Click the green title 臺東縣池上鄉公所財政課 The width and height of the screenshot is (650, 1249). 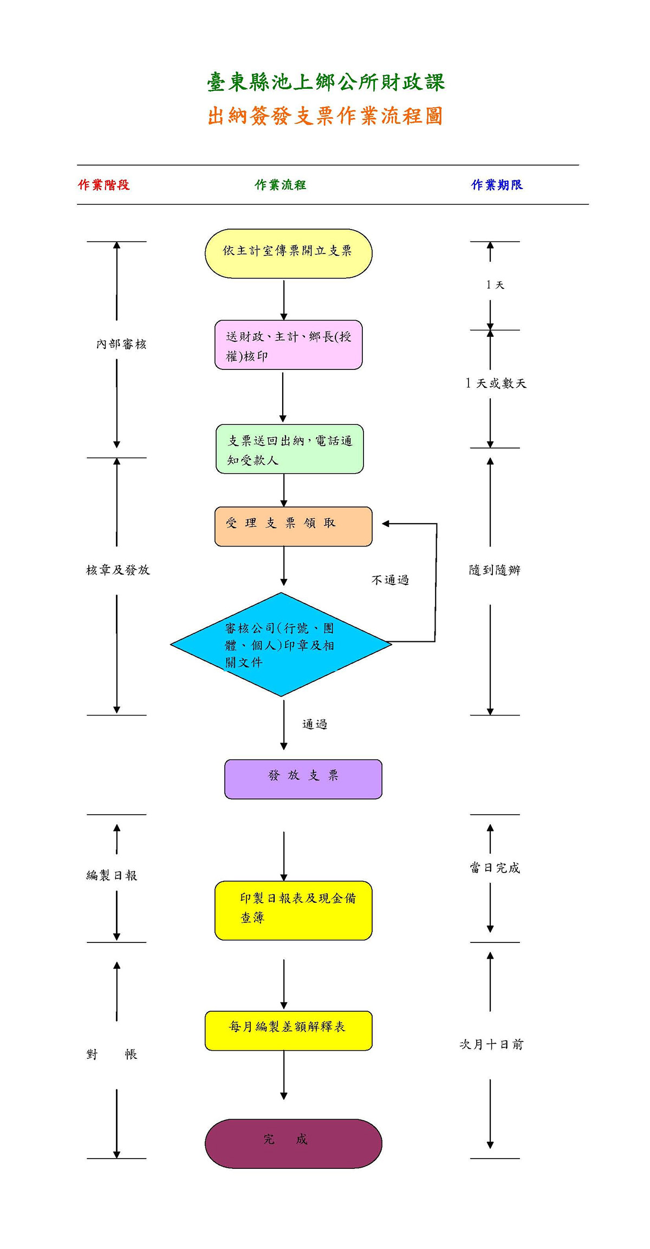[326, 82]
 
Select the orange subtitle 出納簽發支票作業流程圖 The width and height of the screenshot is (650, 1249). [326, 116]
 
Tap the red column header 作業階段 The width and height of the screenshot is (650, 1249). [104, 185]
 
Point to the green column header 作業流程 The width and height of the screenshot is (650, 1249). [281, 185]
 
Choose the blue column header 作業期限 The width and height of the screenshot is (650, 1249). [497, 185]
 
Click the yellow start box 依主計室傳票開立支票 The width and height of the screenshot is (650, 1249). [288, 253]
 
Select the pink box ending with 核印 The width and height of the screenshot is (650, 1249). [288, 345]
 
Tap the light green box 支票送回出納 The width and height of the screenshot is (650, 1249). [289, 449]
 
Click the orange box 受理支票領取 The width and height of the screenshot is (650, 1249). [293, 526]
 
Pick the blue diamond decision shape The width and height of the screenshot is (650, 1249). [281, 645]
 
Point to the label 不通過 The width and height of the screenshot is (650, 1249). [390, 580]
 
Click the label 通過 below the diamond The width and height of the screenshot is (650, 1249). [315, 724]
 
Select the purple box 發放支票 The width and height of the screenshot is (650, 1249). [303, 779]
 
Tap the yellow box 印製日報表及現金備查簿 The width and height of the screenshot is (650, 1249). [293, 910]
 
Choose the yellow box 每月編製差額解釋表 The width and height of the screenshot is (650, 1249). [288, 1031]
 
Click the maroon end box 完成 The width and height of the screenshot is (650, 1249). [293, 1144]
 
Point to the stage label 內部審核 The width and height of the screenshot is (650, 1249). [121, 344]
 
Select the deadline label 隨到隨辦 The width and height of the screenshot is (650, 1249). [495, 570]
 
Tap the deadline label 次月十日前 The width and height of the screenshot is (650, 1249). [491, 1044]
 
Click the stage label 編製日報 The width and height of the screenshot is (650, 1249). [112, 875]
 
